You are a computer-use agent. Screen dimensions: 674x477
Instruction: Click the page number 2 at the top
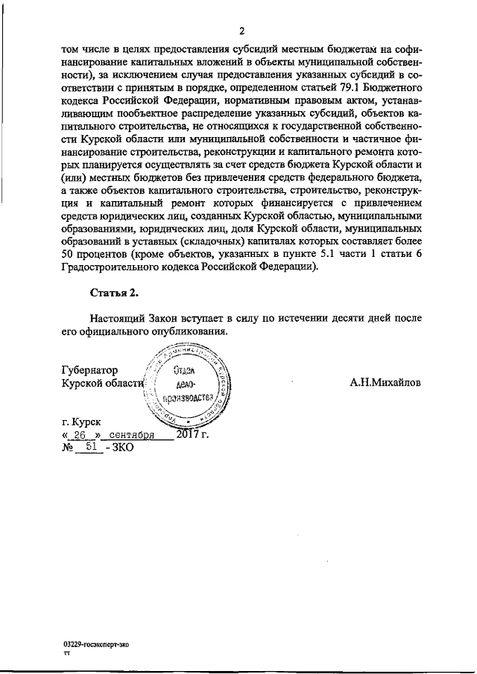[x=242, y=31]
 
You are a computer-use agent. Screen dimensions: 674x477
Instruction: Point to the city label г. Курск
[x=82, y=422]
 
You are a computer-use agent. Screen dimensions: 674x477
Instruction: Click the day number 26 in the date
[x=82, y=435]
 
